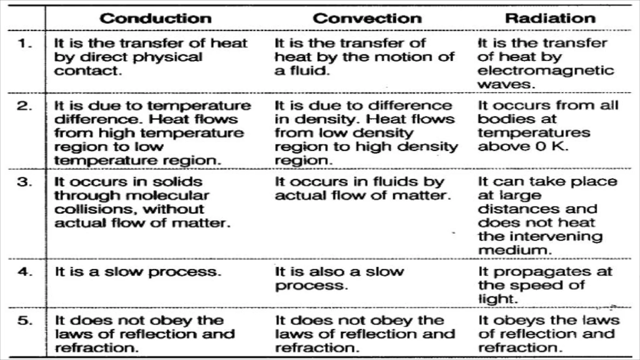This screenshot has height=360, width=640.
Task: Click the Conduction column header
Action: coord(156,18)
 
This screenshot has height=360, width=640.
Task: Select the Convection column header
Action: coord(367,18)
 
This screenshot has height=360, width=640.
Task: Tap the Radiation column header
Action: coord(550,18)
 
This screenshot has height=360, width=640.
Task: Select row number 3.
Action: coord(25,182)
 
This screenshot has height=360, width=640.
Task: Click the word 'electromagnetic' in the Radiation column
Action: coord(546,71)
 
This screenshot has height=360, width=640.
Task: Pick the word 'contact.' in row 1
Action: coord(88,71)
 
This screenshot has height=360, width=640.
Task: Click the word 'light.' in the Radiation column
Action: coord(498,299)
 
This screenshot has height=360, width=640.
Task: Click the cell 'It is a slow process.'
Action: coord(138,272)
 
